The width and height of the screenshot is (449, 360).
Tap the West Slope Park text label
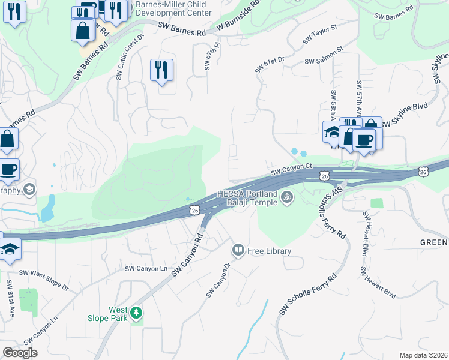click(118, 314)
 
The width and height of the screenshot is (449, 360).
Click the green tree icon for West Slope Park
click(137, 313)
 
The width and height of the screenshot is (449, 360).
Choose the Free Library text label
click(269, 251)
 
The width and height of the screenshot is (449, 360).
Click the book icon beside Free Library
click(238, 250)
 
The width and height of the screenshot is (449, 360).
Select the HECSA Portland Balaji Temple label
click(247, 198)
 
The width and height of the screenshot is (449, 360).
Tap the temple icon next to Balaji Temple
click(288, 196)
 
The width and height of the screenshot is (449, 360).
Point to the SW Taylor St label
click(321, 34)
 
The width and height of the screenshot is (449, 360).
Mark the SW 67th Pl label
click(208, 56)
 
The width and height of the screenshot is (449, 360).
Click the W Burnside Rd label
click(238, 15)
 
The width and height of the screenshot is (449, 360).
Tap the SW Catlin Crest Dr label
click(130, 55)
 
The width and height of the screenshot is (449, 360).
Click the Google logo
click(20, 353)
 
